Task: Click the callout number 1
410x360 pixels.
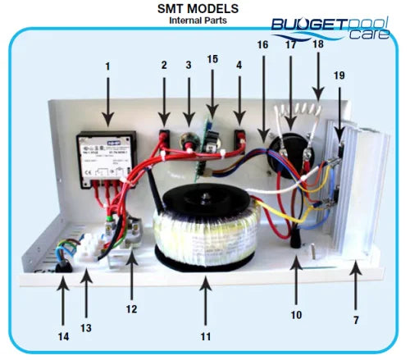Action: pyautogui.click(x=107, y=65)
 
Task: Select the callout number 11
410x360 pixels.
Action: pyautogui.click(x=205, y=336)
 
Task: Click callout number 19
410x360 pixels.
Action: pyautogui.click(x=339, y=75)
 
